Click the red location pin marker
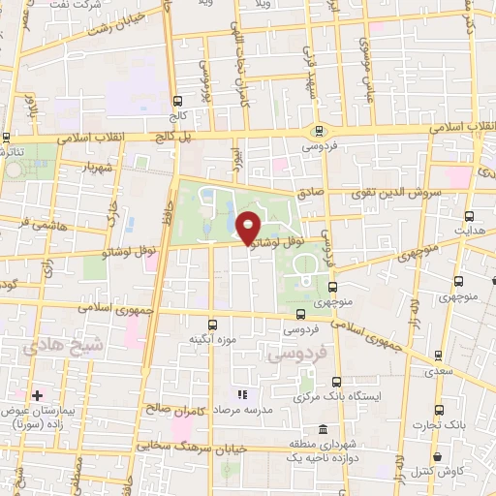(249, 227)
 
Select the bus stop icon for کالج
(177, 100)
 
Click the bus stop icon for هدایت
(470, 215)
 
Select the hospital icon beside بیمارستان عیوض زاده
(37, 395)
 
